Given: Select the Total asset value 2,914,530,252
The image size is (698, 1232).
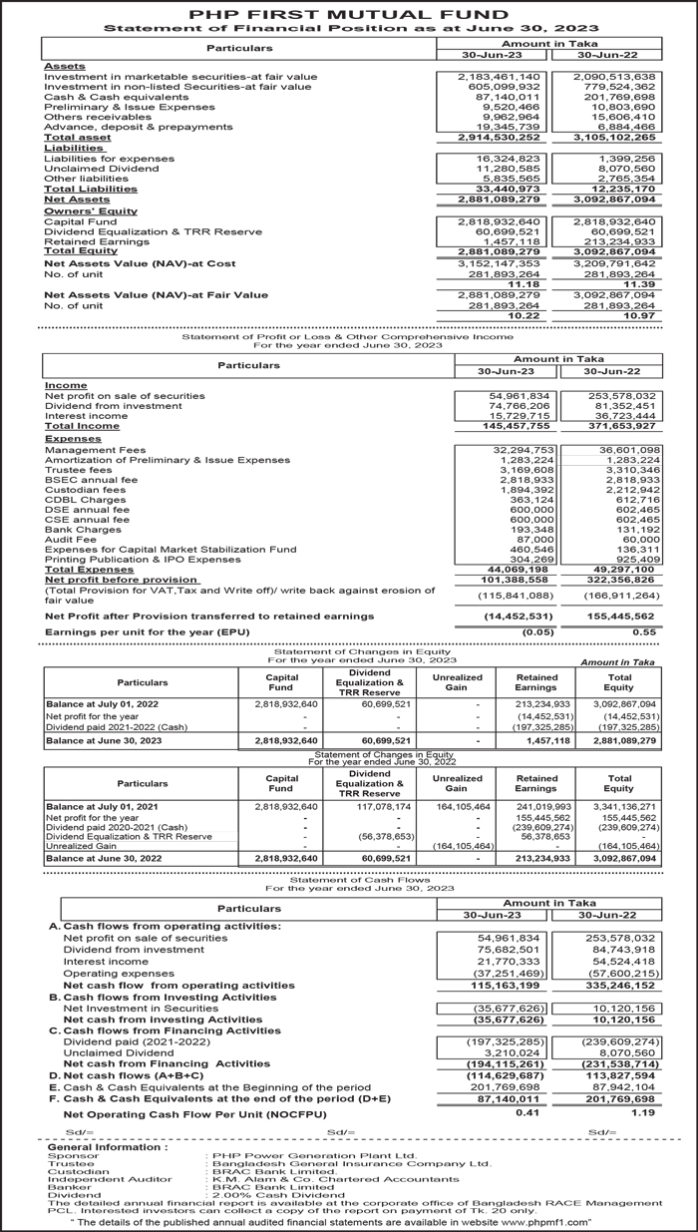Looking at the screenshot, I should (498, 138).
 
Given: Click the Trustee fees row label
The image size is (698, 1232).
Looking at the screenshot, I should (79, 470).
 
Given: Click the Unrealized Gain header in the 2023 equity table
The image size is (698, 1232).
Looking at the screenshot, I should (457, 683).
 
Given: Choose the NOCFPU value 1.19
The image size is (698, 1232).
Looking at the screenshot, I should (642, 1112).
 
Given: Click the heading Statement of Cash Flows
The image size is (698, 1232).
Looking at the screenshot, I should (348, 879).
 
